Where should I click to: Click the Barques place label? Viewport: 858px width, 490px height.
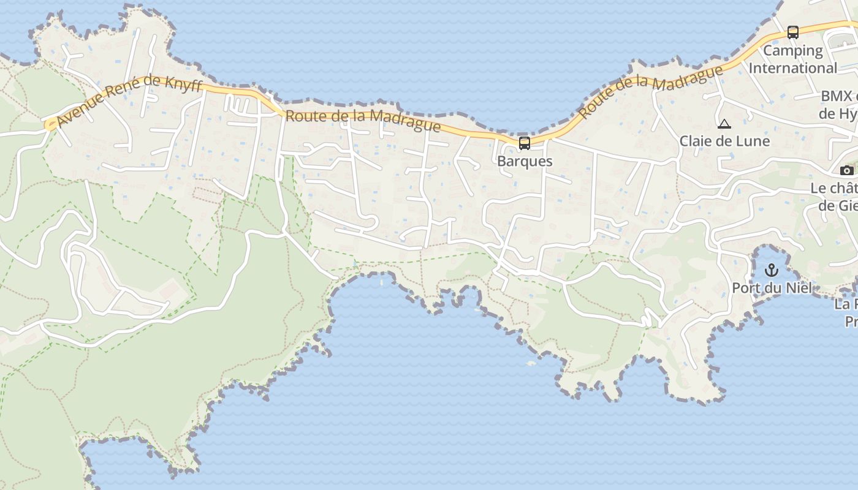[x=525, y=161]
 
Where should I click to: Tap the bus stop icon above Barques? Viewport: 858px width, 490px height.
[x=525, y=143]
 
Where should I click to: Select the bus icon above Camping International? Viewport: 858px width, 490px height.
[x=792, y=32]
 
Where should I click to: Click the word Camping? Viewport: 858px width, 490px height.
[x=792, y=50]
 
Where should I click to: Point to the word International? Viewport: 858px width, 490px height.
[x=792, y=67]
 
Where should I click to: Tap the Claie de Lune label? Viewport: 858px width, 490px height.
[x=724, y=141]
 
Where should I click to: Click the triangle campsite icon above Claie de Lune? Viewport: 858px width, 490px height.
[x=724, y=124]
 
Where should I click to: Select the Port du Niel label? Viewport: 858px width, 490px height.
[x=772, y=288]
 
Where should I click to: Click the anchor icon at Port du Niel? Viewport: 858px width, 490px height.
[x=772, y=269]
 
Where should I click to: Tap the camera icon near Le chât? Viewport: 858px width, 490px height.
[x=846, y=170]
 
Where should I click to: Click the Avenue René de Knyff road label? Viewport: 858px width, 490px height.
[x=129, y=101]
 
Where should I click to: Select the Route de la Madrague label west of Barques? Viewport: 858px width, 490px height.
[x=363, y=120]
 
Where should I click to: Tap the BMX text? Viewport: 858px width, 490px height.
[x=837, y=96]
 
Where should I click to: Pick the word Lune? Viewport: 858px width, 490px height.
[x=752, y=141]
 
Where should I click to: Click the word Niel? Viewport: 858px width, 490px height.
[x=798, y=288]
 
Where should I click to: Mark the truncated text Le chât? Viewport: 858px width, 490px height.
[x=834, y=189]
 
